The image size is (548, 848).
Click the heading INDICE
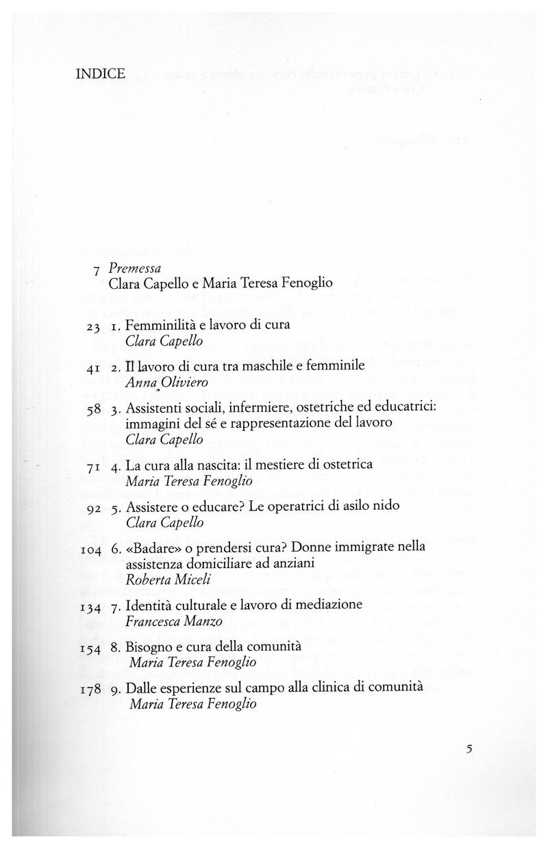(x=100, y=73)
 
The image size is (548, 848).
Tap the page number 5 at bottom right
(x=469, y=748)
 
